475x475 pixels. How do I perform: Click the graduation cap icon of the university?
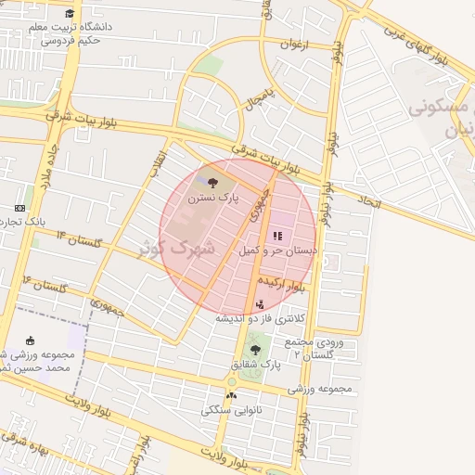click(x=70, y=13)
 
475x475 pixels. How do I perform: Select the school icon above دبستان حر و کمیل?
click(x=277, y=236)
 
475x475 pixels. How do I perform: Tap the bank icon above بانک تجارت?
click(x=20, y=208)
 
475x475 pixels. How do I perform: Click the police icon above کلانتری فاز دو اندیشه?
click(x=259, y=303)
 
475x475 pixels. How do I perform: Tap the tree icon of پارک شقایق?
click(x=255, y=350)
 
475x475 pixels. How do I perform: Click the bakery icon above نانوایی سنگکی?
click(x=231, y=395)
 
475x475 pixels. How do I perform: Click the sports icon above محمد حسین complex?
click(x=31, y=340)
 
